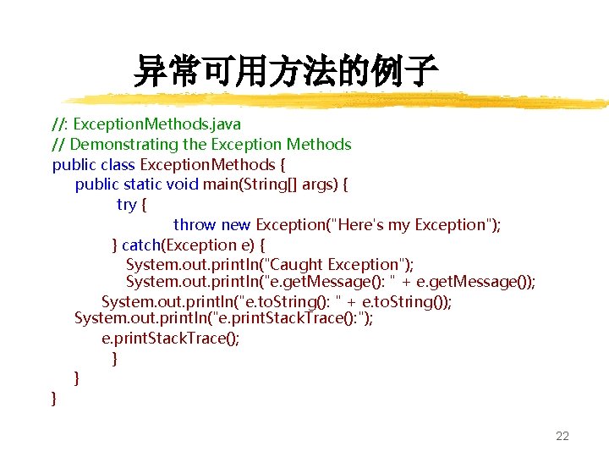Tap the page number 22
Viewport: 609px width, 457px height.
pyautogui.click(x=562, y=437)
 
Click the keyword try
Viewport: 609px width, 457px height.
pyautogui.click(x=127, y=205)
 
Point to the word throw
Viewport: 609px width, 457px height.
pyautogui.click(x=195, y=225)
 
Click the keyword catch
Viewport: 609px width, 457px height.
pyautogui.click(x=141, y=245)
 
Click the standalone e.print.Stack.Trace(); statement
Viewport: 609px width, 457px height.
pyautogui.click(x=171, y=339)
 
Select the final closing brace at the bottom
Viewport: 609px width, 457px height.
pyautogui.click(x=55, y=397)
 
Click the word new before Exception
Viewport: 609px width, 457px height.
pyautogui.click(x=236, y=225)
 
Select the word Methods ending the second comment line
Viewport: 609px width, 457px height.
pyautogui.click(x=318, y=145)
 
